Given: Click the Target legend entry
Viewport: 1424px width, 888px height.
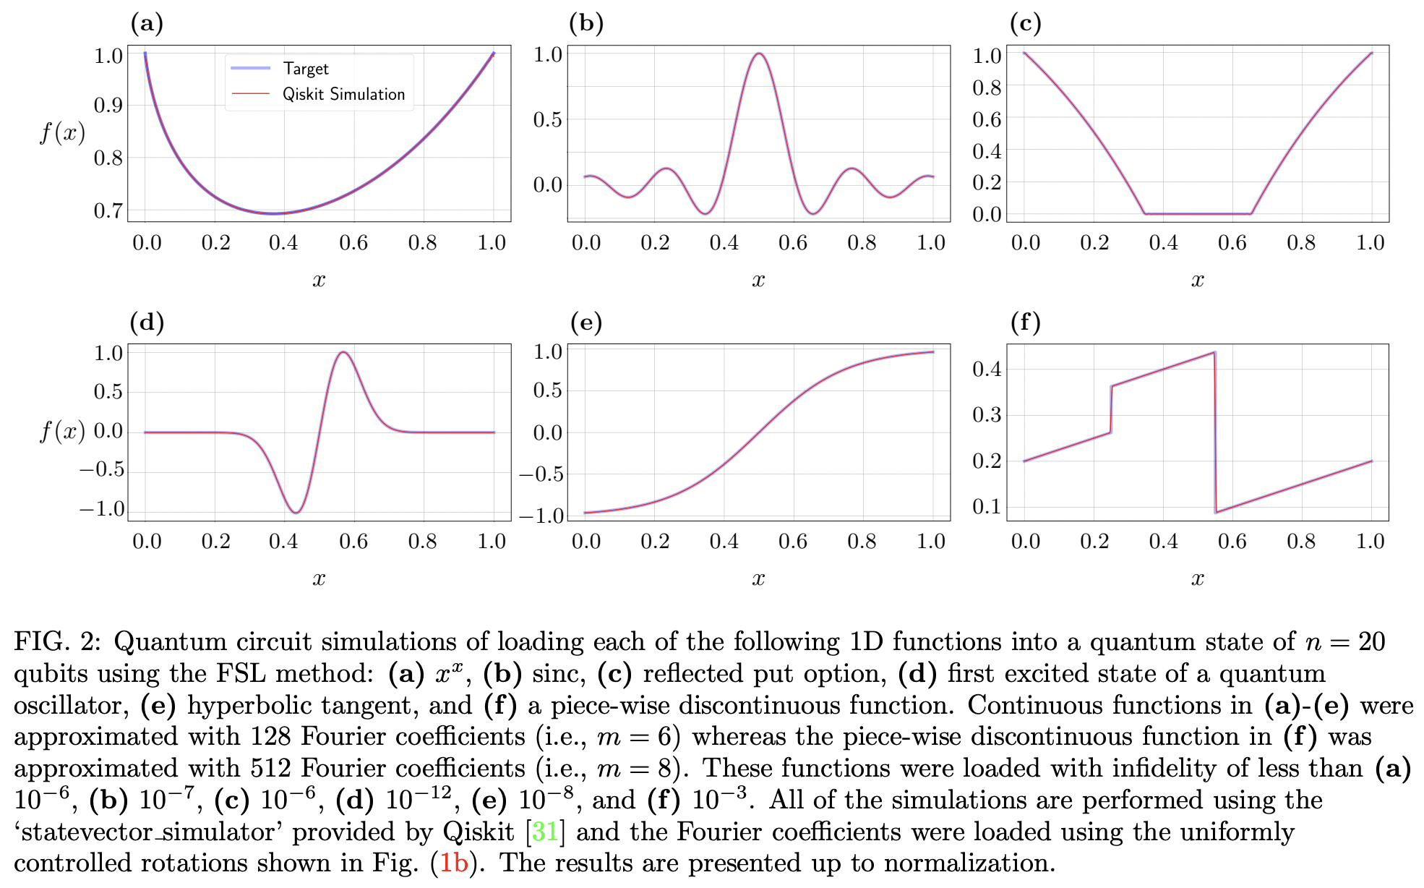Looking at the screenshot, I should [305, 69].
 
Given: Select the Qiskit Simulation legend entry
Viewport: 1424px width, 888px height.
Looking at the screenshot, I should [343, 94].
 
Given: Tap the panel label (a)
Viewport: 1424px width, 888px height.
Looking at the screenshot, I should [147, 24].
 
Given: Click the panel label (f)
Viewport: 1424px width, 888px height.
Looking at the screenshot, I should [1025, 322].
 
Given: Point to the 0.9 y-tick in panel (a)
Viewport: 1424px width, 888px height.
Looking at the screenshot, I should [108, 106].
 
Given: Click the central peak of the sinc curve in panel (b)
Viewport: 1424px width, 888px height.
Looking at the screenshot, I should [758, 54].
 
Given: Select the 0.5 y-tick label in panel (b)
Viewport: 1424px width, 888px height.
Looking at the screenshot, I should [547, 119].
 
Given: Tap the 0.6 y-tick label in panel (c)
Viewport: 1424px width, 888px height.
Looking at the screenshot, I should [987, 119].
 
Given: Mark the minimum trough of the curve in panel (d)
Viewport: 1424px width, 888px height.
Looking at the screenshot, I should [296, 513].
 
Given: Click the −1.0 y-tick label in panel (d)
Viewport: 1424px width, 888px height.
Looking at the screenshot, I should [102, 509].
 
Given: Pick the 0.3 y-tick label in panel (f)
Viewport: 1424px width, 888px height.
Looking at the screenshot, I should [987, 415].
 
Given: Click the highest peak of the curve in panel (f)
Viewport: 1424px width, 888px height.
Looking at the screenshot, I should [1214, 352].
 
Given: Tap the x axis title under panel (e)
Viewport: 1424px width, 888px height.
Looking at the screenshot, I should [758, 579].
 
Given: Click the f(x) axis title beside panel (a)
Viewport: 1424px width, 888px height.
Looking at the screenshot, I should [62, 133].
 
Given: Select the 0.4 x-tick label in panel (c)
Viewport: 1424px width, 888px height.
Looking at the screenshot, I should [1163, 243].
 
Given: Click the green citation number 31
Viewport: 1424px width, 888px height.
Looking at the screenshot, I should [545, 832].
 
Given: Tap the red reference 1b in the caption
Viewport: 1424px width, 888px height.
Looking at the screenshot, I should [454, 863].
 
